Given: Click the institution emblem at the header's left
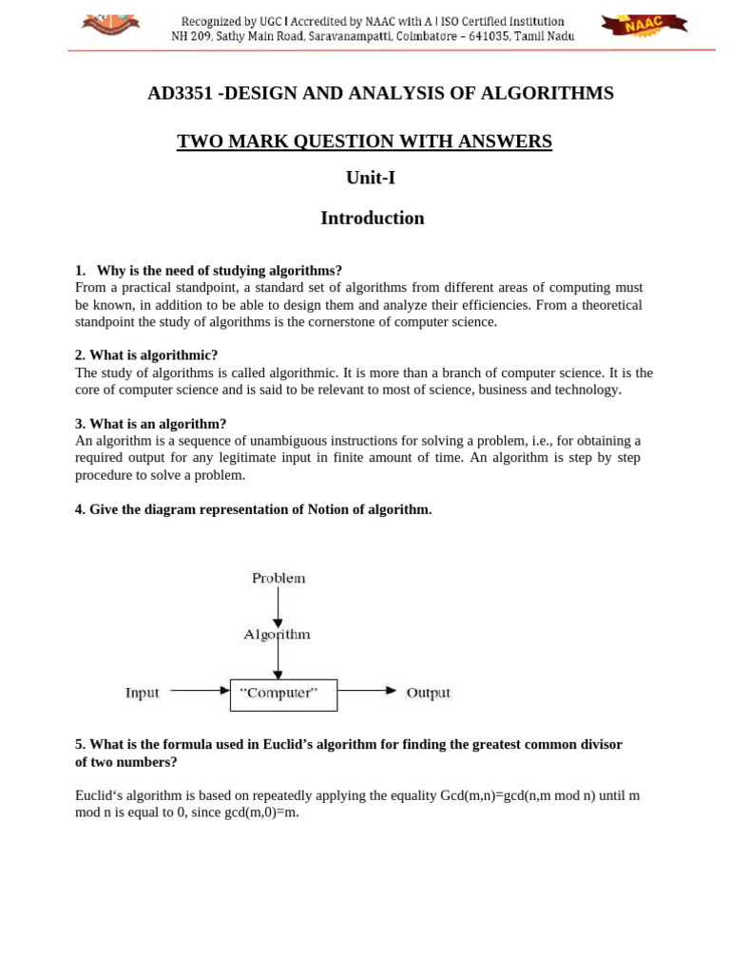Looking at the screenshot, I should pyautogui.click(x=110, y=24).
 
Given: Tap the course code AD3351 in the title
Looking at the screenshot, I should pyautogui.click(x=180, y=93).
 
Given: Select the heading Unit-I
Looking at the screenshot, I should pyautogui.click(x=371, y=178).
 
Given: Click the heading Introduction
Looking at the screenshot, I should pyautogui.click(x=372, y=219).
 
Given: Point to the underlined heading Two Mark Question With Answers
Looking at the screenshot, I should pyautogui.click(x=364, y=142).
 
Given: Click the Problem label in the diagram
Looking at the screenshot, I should pyautogui.click(x=279, y=578).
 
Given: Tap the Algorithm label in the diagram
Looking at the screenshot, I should pyautogui.click(x=277, y=634).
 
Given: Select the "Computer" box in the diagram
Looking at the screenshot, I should pyautogui.click(x=283, y=694).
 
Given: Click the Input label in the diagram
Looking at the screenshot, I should pyautogui.click(x=143, y=693).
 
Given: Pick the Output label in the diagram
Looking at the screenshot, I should pyautogui.click(x=428, y=693).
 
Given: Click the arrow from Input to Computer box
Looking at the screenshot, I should pyautogui.click(x=199, y=692).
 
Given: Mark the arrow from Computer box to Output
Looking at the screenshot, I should pyautogui.click(x=367, y=692).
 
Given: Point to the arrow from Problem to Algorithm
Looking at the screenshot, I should pyautogui.click(x=278, y=606).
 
